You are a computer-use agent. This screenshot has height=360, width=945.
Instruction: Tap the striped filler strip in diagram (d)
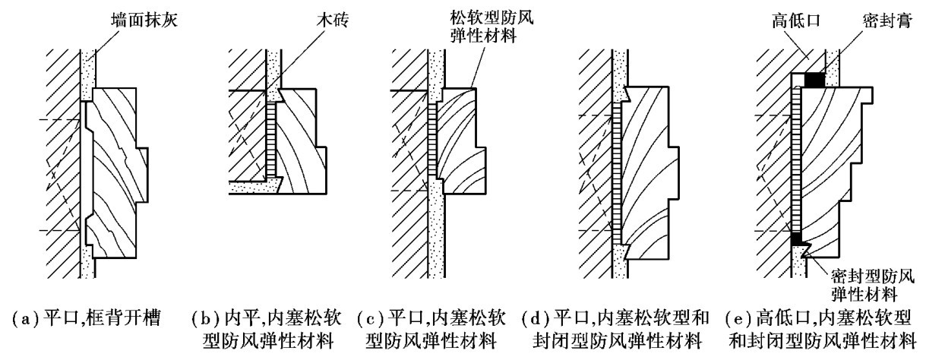pos(616,167)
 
